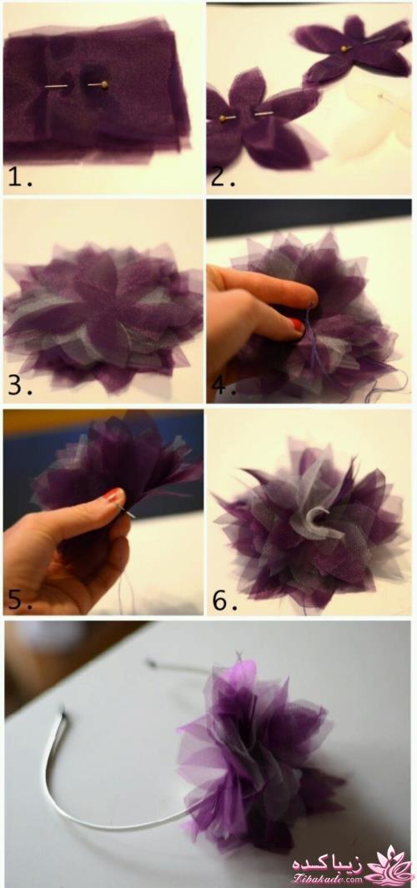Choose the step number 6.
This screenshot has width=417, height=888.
223,601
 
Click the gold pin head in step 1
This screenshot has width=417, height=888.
104,85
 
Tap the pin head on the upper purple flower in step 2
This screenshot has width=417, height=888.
344,49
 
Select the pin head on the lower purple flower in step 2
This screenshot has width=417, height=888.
223,119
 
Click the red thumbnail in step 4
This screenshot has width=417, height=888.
298,325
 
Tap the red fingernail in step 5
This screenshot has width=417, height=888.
112,495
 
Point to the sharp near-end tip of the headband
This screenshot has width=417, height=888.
63,713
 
